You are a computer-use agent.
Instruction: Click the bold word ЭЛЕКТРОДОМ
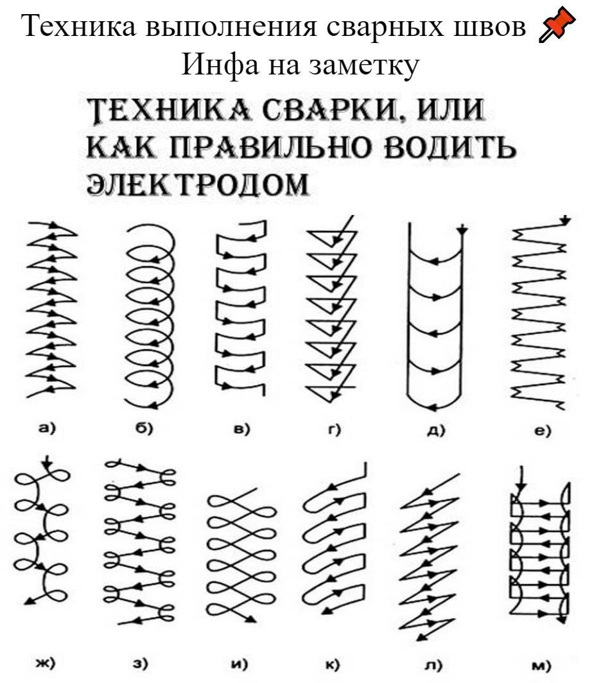pyautogui.click(x=198, y=184)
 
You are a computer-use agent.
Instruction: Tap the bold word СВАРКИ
pyautogui.click(x=332, y=110)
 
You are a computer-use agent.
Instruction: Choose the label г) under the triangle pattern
pyautogui.click(x=334, y=429)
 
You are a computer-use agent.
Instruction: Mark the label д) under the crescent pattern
pyautogui.click(x=436, y=430)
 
